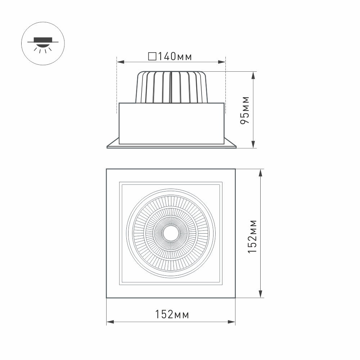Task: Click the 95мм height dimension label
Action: [245, 110]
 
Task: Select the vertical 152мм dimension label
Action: [253, 236]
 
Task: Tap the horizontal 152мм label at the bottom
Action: [172, 314]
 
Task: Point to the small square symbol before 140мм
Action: [152, 57]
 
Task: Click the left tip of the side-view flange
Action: [108, 147]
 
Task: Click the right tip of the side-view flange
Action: [235, 147]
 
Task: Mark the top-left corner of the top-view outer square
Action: [107, 169]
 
